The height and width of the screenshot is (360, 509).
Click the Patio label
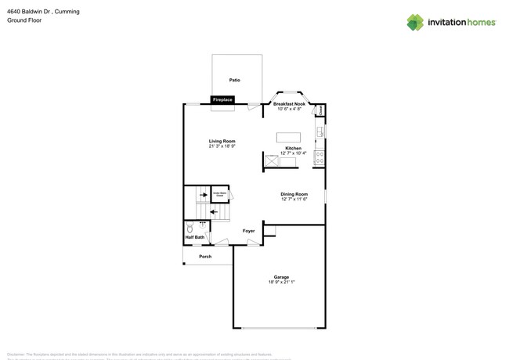(x=234, y=80)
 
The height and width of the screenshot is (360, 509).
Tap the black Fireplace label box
(x=222, y=100)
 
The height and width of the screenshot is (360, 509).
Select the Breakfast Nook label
(x=289, y=104)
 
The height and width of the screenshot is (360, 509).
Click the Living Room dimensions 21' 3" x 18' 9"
(x=222, y=146)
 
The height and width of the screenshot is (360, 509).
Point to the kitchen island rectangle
(x=288, y=138)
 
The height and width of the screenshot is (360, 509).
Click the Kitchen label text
(x=293, y=148)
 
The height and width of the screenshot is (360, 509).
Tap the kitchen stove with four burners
(x=319, y=157)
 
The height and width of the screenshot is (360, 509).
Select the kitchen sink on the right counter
(x=319, y=131)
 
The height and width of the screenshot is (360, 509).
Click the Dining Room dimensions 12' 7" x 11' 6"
(x=294, y=200)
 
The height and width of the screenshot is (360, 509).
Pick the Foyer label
(x=248, y=231)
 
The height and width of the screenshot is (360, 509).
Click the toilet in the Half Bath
(x=190, y=228)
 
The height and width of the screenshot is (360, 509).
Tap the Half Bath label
(x=194, y=237)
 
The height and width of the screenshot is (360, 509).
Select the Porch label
(x=205, y=257)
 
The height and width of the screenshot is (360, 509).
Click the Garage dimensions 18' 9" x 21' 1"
(x=281, y=282)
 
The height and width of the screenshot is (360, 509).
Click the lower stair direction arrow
(x=215, y=211)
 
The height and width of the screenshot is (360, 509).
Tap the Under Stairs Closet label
(x=221, y=193)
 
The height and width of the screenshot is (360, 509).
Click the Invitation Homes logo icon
(x=415, y=22)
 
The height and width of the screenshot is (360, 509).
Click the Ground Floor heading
(x=23, y=20)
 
